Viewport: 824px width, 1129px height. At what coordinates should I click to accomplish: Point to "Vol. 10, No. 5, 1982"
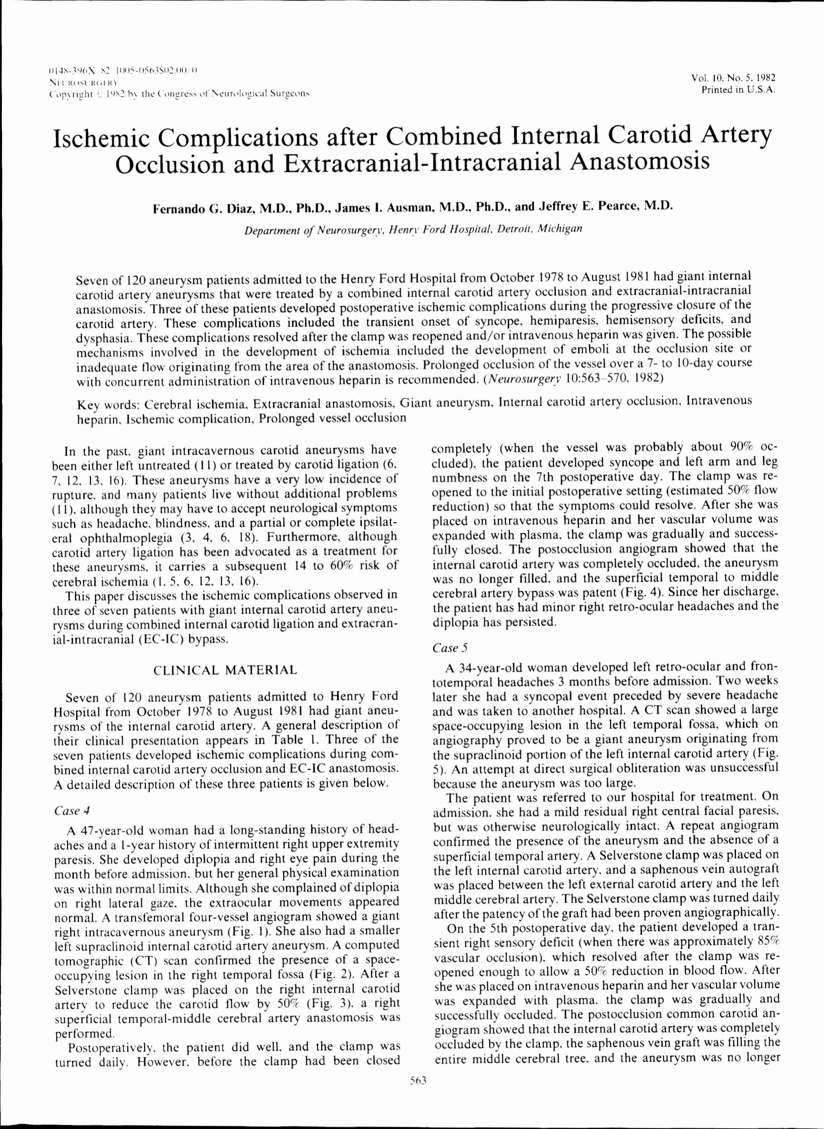click(733, 78)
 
